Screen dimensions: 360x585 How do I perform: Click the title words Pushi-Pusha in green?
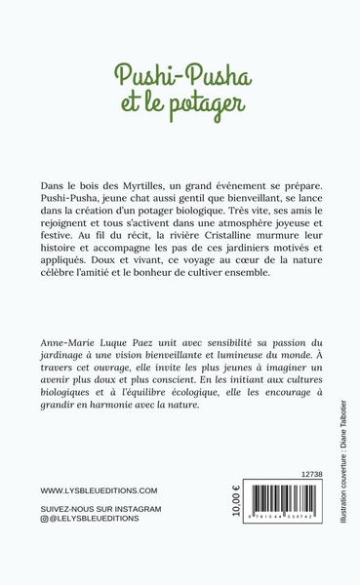pos(179,75)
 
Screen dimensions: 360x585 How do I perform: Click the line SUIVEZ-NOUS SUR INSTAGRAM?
pos(100,510)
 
